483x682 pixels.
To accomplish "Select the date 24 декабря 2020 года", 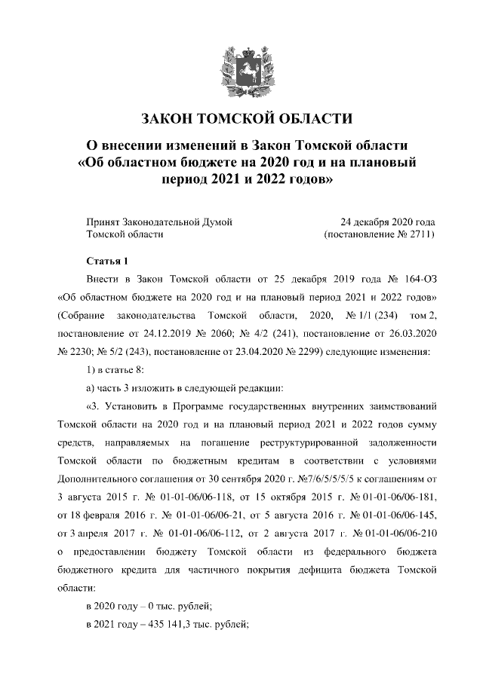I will coord(388,222).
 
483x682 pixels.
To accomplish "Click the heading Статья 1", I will coord(104,261).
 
